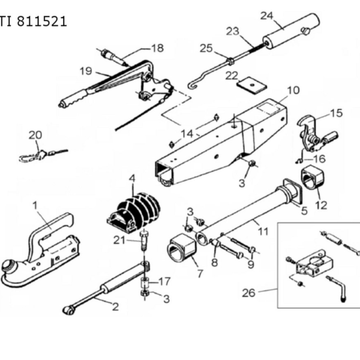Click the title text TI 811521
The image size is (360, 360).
pyautogui.click(x=33, y=22)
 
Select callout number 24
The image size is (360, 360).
pyautogui.click(x=267, y=16)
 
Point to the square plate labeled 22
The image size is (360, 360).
pyautogui.click(x=252, y=86)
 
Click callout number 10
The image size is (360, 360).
pyautogui.click(x=293, y=90)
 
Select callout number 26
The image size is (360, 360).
pyautogui.click(x=248, y=293)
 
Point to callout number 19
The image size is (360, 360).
pyautogui.click(x=86, y=71)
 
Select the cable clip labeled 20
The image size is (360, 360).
pyautogui.click(x=43, y=155)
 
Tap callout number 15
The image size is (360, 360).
pyautogui.click(x=337, y=113)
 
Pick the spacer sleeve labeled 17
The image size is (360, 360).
pyautogui.click(x=145, y=283)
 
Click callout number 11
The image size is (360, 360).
pyautogui.click(x=263, y=232)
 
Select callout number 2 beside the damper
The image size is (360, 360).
pyautogui.click(x=115, y=307)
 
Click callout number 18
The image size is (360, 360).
pyautogui.click(x=158, y=48)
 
